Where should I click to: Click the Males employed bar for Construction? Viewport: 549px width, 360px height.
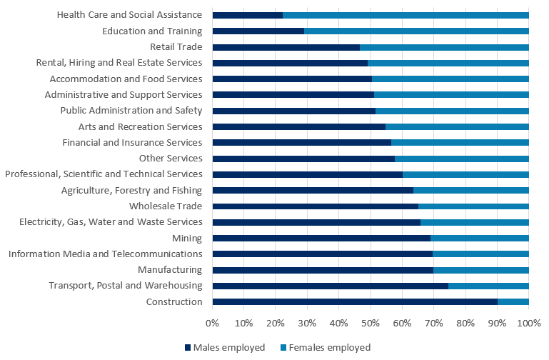coord(355,302)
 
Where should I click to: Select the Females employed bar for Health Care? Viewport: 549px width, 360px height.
coord(406,15)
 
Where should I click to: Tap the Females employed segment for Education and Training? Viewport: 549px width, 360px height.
coord(416,31)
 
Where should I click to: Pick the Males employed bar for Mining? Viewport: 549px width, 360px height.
coord(321,239)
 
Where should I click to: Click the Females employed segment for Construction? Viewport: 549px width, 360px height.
coord(513,302)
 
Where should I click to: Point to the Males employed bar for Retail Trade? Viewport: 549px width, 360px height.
coord(286,47)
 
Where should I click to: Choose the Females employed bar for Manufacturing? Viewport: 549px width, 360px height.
coord(481,270)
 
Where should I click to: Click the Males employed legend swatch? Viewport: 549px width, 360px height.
coord(188,348)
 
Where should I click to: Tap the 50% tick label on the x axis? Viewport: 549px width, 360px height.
coord(371,324)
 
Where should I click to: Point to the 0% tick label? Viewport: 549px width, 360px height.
coord(213,324)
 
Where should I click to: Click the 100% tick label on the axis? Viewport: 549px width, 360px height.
coord(528,324)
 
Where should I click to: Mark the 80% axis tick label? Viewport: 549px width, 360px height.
coord(465,324)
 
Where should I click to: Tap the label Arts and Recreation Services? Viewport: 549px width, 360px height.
coord(140,126)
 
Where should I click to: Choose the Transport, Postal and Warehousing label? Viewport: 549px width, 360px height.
coord(126,286)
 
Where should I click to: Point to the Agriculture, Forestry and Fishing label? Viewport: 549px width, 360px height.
coord(131,190)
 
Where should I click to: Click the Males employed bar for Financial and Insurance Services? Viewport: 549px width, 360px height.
coord(301,143)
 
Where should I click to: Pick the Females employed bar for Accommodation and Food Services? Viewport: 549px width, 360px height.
coord(450,79)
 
